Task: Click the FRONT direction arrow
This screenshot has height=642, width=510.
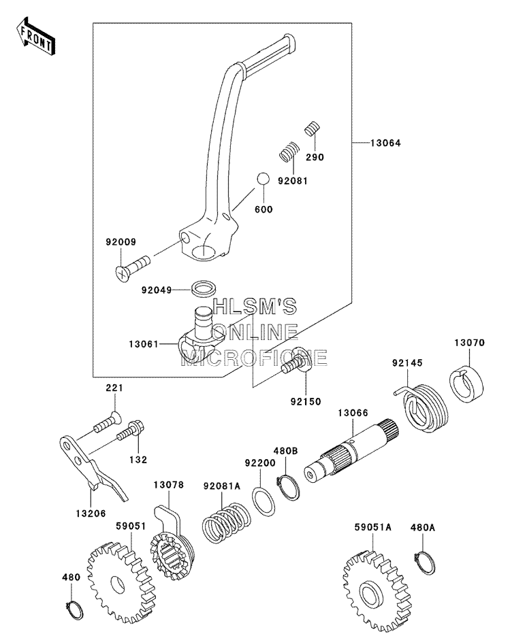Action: (x=35, y=36)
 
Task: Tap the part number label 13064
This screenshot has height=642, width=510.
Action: (x=386, y=143)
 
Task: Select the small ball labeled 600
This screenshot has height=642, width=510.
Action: (x=263, y=180)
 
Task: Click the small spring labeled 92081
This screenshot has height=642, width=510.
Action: (x=289, y=152)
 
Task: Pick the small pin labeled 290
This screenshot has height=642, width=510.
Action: (x=313, y=129)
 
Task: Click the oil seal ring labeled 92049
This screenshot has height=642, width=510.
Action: (x=204, y=288)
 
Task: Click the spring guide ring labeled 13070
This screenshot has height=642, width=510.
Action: (x=467, y=384)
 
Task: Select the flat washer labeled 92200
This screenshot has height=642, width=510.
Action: (x=264, y=502)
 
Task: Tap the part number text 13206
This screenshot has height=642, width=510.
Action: (x=91, y=513)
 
